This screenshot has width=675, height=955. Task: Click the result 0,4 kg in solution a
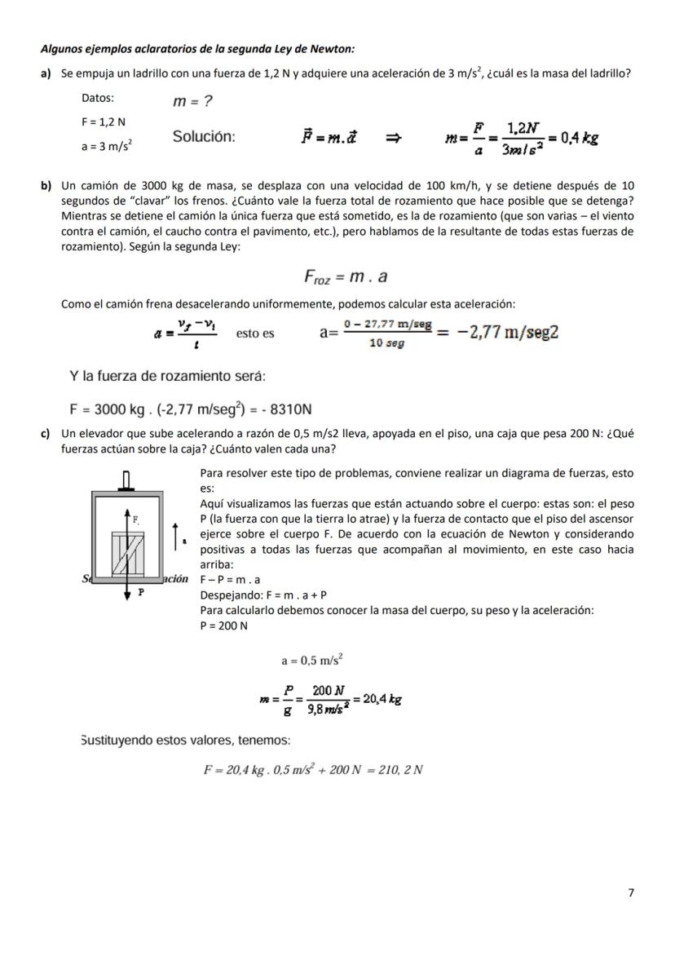pos(579,137)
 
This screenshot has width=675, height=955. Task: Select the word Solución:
pos(204,137)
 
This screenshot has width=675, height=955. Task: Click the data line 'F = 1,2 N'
pos(104,122)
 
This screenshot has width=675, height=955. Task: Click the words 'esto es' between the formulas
pos(255,334)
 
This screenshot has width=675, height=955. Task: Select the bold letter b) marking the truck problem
pos(47,186)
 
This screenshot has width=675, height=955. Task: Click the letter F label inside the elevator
pos(135,519)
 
